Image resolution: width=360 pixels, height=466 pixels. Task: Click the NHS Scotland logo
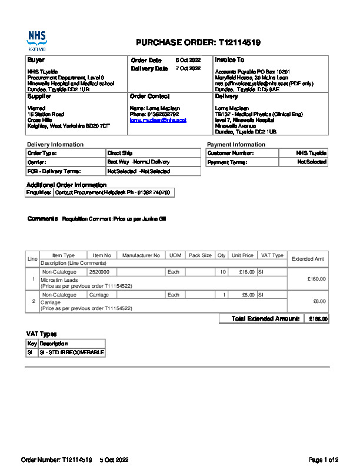[36, 41]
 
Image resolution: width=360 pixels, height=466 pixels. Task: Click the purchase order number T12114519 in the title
[239, 42]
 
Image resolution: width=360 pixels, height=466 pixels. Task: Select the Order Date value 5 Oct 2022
[188, 61]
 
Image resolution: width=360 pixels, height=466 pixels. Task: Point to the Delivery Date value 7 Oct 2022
[188, 69]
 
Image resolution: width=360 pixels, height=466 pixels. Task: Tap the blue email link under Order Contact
[158, 120]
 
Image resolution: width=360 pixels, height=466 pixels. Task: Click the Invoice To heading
[229, 60]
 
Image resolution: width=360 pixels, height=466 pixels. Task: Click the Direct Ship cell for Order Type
[119, 153]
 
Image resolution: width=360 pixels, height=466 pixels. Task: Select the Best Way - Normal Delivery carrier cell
[138, 162]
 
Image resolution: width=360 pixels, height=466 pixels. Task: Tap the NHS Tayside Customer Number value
[311, 153]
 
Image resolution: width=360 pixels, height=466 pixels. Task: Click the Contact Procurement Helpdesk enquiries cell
[113, 193]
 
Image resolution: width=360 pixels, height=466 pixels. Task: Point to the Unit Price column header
[242, 256]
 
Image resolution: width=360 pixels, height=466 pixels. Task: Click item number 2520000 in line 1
[99, 272]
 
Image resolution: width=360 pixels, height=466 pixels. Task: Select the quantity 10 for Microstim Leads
[222, 272]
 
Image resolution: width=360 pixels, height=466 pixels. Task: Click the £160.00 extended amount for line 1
[316, 279]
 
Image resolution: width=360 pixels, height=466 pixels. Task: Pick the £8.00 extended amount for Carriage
[319, 301]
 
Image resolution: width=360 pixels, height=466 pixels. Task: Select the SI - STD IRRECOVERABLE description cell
[71, 352]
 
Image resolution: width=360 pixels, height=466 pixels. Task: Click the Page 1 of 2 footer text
[324, 460]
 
